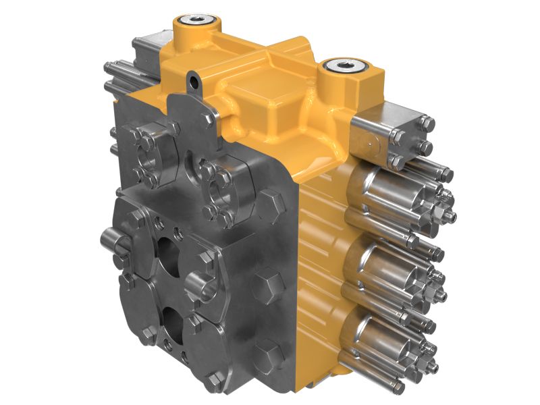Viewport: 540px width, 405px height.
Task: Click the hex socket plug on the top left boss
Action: pyautogui.click(x=197, y=20)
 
